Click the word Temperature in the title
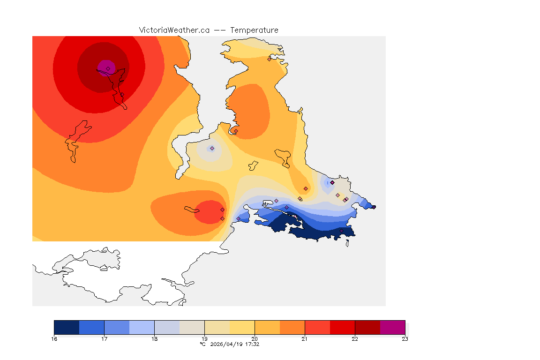(255, 30)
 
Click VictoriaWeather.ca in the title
(174, 30)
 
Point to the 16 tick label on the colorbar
(54, 338)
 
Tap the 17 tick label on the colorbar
(104, 338)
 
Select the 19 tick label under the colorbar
(204, 338)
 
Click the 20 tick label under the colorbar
(255, 338)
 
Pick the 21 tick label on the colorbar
(305, 338)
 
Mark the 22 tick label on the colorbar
(355, 338)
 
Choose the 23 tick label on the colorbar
(405, 338)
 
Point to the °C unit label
(203, 344)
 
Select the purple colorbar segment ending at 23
(392, 327)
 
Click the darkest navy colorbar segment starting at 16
(67, 327)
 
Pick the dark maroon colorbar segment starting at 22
(367, 327)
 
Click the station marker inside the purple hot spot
(108, 68)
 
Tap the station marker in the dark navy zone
(341, 231)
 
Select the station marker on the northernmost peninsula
(269, 59)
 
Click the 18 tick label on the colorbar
(154, 338)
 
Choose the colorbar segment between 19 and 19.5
(217, 327)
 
